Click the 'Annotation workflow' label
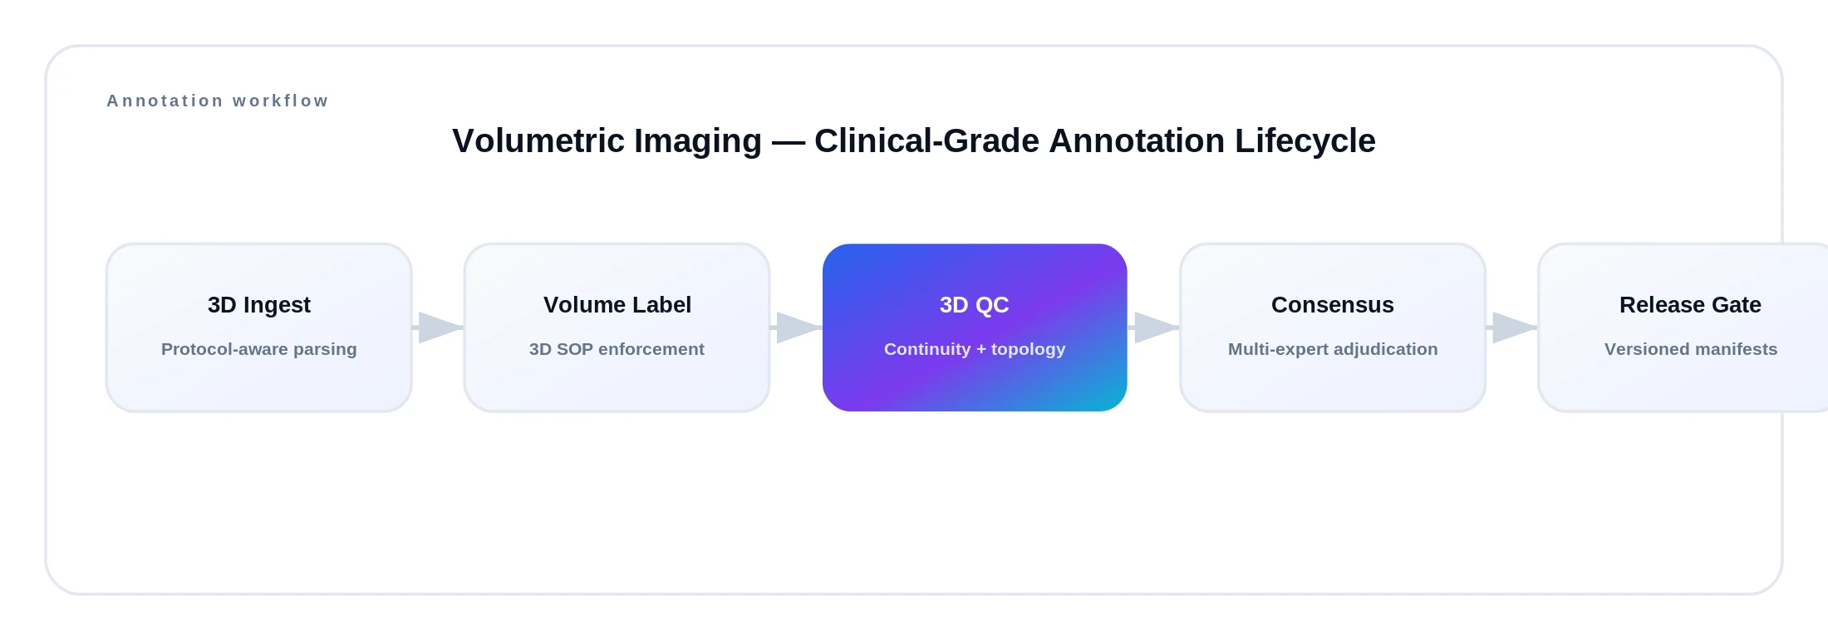coord(218,101)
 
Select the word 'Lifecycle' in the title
coord(1305,140)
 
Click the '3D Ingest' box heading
coord(259,305)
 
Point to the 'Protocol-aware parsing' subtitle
coord(259,349)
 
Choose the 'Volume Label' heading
coord(617,305)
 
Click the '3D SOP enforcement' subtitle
coord(617,349)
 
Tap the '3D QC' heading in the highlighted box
coord(974,305)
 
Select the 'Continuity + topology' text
coord(975,349)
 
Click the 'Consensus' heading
coord(1333,305)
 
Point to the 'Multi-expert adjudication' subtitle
coord(1333,349)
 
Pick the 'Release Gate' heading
coord(1690,305)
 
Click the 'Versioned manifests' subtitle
coord(1691,349)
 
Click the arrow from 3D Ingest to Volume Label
coord(439,327)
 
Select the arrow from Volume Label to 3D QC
coord(797,327)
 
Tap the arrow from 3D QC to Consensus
coord(1154,327)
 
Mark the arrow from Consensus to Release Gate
coord(1512,327)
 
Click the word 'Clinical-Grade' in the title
coord(926,140)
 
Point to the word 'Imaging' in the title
coord(698,140)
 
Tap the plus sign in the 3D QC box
coord(980,350)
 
